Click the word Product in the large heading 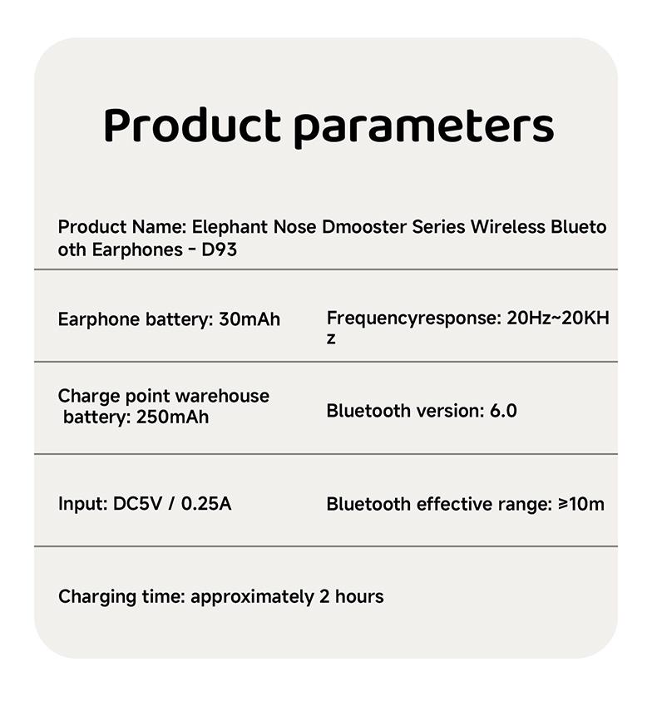coord(192,125)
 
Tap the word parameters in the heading coord(423,128)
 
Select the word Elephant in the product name coord(230,227)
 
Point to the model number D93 coord(220,249)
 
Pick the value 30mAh coord(249,319)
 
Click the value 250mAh coord(173,417)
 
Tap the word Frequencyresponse coord(411,318)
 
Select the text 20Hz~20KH coord(558,318)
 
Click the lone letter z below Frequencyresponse coord(331,338)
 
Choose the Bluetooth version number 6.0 coord(503,411)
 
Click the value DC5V coord(137,504)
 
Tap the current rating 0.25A coord(206,504)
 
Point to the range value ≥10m coord(581,504)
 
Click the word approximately coord(252,597)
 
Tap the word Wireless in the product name coord(507,227)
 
